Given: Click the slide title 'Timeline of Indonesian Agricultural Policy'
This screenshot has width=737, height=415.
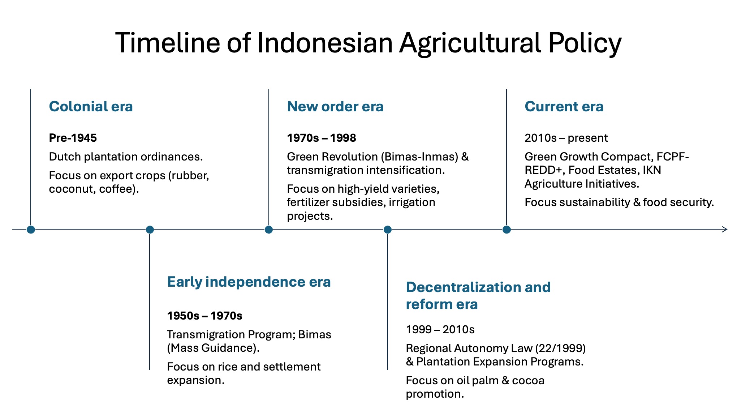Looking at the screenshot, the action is pyautogui.click(x=368, y=43).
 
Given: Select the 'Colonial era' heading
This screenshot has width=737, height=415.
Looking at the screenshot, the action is pyautogui.click(x=91, y=107).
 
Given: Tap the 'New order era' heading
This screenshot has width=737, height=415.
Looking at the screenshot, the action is pyautogui.click(x=335, y=107).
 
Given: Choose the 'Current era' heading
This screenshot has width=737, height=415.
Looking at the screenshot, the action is pyautogui.click(x=564, y=107).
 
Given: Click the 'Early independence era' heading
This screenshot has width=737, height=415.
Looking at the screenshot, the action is pyautogui.click(x=249, y=282).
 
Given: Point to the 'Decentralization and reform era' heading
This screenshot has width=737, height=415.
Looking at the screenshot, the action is pyautogui.click(x=478, y=296).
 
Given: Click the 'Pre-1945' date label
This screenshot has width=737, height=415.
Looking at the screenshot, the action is pyautogui.click(x=73, y=138).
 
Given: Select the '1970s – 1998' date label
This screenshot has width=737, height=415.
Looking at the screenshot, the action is pyautogui.click(x=321, y=138).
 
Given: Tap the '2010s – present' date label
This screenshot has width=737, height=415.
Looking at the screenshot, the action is pyautogui.click(x=566, y=138).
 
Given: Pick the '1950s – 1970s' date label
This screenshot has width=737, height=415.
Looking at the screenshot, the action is pyautogui.click(x=204, y=316).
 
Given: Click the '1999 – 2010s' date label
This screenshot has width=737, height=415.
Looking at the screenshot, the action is pyautogui.click(x=440, y=329).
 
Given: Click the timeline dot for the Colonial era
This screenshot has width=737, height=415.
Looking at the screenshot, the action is pyautogui.click(x=31, y=230).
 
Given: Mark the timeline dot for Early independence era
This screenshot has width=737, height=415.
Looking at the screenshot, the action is pyautogui.click(x=150, y=230).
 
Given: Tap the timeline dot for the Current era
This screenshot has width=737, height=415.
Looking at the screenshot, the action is pyautogui.click(x=507, y=230).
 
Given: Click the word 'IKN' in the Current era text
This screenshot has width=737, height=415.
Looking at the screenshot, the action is pyautogui.click(x=652, y=170).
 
